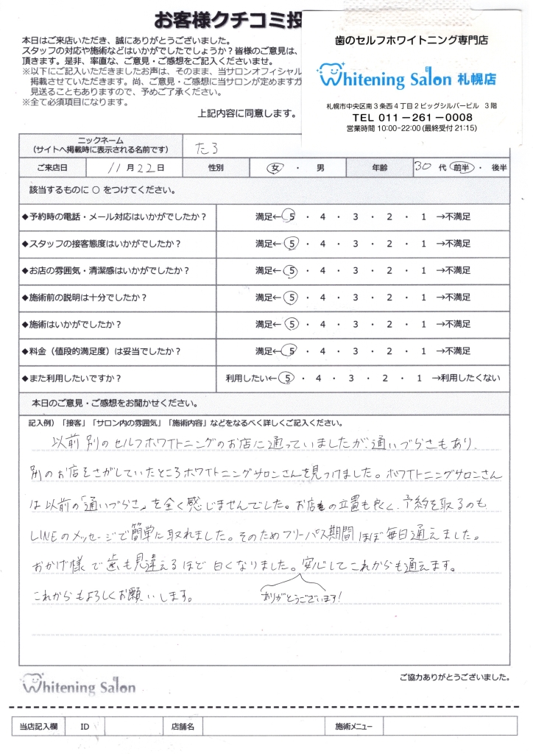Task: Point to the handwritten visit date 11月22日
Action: click(136, 168)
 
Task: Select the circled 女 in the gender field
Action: click(277, 168)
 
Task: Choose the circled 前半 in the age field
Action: click(461, 167)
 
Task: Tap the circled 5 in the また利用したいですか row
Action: click(289, 378)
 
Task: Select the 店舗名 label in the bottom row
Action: click(182, 727)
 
